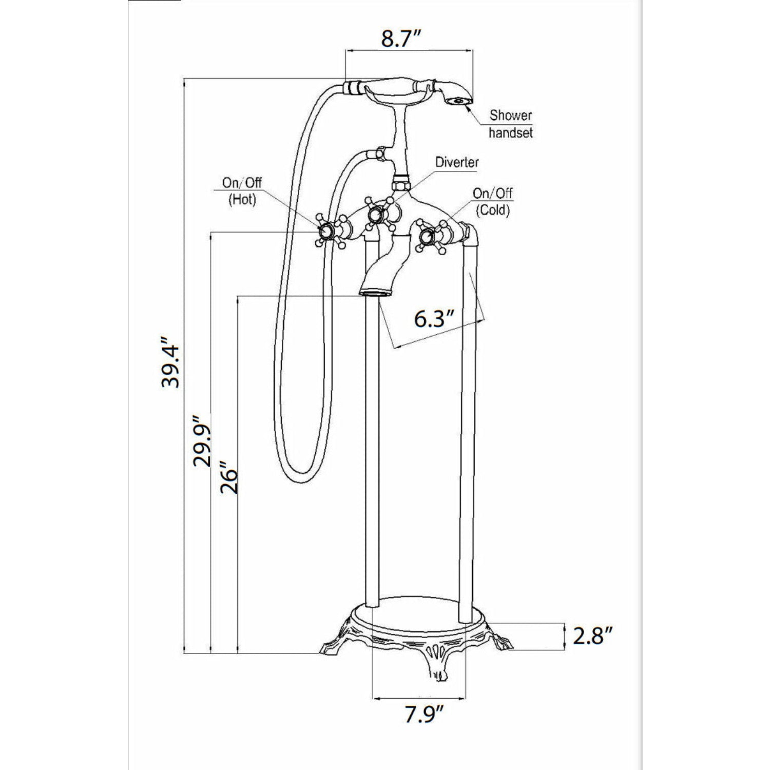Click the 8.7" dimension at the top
401,38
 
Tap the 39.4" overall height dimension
170,362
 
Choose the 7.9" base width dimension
424,714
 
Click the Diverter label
457,162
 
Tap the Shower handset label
510,124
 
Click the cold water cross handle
426,236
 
